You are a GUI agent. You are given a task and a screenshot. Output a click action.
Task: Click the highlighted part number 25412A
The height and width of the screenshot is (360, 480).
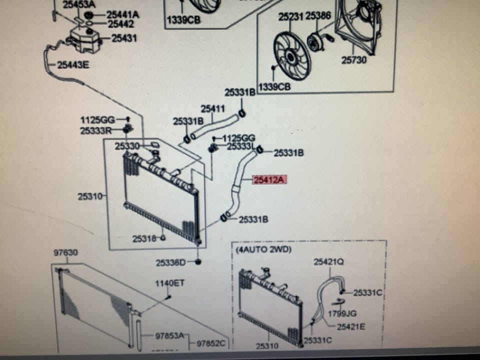tap(269, 179)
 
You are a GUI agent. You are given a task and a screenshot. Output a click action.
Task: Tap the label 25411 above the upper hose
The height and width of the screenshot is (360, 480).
tap(213, 108)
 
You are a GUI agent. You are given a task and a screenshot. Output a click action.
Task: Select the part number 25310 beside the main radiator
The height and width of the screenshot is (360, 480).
tap(89, 196)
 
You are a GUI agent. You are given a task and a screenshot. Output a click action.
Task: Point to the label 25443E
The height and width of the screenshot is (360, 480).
tap(73, 64)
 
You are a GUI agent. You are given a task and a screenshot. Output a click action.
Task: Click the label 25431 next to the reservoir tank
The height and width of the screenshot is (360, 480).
tap(124, 38)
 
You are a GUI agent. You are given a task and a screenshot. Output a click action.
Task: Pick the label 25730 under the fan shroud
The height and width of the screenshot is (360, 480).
tap(354, 60)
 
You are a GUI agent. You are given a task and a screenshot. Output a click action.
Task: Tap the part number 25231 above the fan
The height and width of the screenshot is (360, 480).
tap(291, 16)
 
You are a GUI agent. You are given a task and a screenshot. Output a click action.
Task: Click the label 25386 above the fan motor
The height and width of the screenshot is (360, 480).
tap(318, 16)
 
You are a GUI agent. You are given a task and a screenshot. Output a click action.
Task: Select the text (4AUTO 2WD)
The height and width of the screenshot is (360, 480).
tap(263, 249)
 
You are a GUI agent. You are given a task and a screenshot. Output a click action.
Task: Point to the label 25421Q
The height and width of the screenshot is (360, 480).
tap(328, 261)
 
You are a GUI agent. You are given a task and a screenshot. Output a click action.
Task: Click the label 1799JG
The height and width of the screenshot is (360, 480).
tap(342, 314)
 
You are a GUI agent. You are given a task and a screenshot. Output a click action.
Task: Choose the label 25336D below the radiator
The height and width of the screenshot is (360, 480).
tap(170, 262)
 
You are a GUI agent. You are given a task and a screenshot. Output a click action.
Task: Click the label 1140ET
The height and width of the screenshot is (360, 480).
tap(169, 283)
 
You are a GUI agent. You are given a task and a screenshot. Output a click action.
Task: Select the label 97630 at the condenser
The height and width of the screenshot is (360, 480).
tap(65, 253)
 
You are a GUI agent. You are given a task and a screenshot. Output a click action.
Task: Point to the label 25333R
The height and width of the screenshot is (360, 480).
tap(95, 131)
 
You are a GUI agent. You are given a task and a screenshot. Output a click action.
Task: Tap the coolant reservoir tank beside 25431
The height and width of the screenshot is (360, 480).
tap(85, 38)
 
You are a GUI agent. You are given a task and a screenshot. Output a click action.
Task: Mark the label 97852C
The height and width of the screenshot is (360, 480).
tap(210, 343)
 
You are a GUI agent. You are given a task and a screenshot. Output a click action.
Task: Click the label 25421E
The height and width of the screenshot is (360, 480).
tap(350, 327)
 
